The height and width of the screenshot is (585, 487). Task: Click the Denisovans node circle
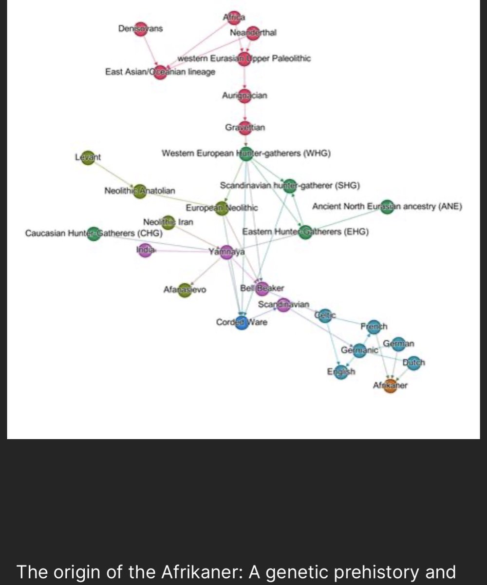141,29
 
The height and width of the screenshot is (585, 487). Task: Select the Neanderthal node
253,33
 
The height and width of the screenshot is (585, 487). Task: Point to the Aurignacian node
245,96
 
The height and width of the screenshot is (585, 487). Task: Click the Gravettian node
245,128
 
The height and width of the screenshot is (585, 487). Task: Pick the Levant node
88,157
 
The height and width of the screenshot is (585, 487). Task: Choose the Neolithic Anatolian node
140,191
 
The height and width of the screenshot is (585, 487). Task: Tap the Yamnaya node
226,252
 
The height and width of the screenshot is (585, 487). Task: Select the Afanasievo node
185,290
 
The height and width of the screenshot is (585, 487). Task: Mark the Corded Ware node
242,322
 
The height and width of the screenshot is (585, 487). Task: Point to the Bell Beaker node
262,289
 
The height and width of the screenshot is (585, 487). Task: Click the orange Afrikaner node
390,386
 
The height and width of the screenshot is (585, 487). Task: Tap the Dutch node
413,363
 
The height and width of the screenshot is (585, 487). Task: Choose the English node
341,372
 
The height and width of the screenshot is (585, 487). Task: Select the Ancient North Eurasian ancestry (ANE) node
387,207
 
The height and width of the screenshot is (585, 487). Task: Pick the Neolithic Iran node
168,222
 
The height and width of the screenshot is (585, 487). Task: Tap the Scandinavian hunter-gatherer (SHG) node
289,185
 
